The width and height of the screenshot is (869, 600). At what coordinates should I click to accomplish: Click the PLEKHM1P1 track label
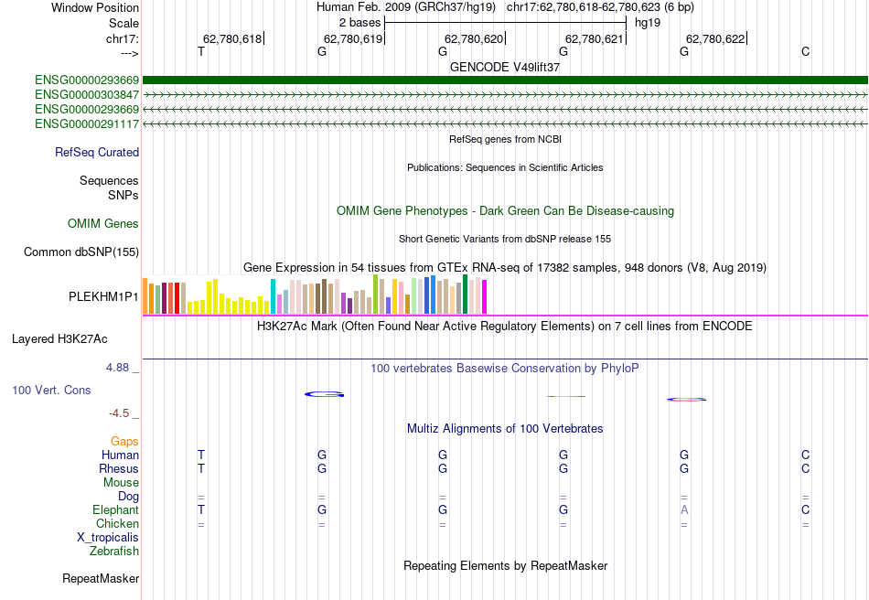(103, 297)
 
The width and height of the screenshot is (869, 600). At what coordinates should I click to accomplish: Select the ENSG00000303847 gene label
(87, 94)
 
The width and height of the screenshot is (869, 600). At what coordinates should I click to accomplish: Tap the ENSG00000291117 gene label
(87, 123)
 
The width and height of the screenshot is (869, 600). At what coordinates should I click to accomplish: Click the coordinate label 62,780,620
(474, 38)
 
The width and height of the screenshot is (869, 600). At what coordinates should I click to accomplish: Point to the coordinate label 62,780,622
(715, 38)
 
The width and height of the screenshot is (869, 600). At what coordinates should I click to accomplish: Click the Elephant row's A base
(684, 510)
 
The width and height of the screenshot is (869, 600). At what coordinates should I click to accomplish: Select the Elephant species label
(115, 510)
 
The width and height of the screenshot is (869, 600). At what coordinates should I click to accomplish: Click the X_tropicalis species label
(108, 538)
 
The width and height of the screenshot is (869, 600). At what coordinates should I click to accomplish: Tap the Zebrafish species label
(114, 552)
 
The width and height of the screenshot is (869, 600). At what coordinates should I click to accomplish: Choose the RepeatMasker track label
(101, 579)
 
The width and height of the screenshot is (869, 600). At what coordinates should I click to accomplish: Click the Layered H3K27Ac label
(59, 338)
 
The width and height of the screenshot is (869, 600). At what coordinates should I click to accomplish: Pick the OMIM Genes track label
(103, 224)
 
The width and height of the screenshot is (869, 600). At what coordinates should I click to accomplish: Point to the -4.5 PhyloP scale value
(119, 412)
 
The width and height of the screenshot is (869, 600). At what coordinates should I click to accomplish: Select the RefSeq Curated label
(97, 153)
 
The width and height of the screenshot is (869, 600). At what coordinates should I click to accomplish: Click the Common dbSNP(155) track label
(81, 252)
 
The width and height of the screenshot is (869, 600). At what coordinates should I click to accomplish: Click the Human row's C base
(805, 455)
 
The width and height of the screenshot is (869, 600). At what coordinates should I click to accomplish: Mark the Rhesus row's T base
(201, 469)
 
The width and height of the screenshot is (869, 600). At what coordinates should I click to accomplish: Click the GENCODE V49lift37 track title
(505, 67)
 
